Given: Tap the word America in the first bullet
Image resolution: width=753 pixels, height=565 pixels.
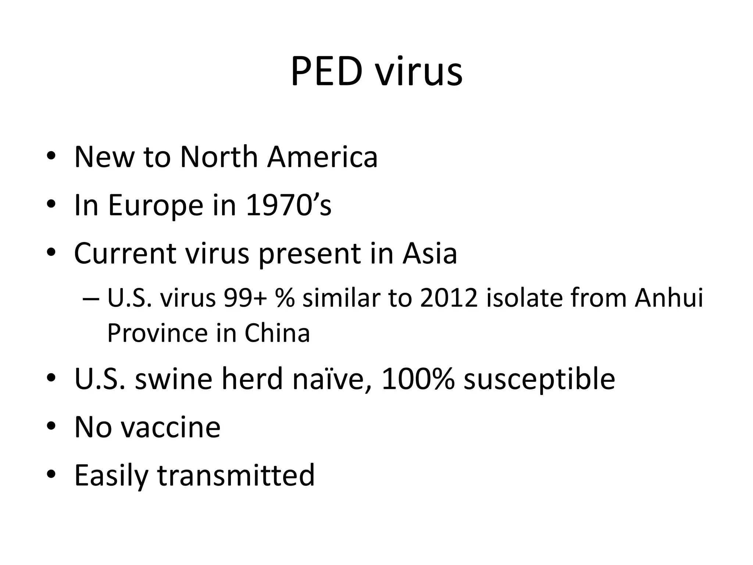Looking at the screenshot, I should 322,157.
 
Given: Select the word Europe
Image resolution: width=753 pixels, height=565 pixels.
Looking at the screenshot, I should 156,206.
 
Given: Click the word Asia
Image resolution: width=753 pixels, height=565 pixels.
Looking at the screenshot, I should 429,253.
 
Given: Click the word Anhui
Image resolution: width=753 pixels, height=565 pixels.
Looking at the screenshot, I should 668,298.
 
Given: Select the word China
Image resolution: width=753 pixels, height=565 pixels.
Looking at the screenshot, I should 277,333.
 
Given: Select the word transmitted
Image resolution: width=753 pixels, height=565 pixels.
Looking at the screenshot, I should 236,475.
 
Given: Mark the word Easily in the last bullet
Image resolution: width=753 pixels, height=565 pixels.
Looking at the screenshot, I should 111,476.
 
